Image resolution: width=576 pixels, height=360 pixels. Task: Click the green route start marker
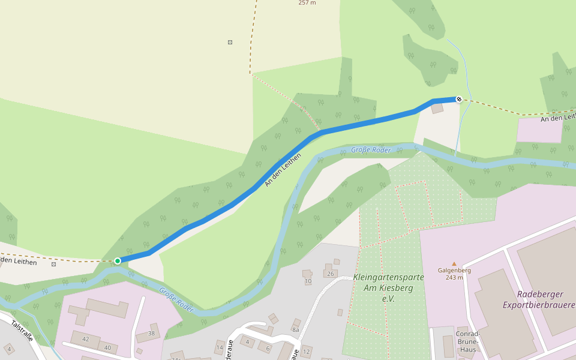[x=118, y=260]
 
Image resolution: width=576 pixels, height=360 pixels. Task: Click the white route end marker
[x=459, y=99]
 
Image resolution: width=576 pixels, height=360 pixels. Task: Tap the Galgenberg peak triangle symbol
[x=454, y=263]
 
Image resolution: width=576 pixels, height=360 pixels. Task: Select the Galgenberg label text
[x=454, y=270]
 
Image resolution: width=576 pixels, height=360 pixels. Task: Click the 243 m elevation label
[x=454, y=277]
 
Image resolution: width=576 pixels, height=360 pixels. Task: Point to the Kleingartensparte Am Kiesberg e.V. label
[x=388, y=287]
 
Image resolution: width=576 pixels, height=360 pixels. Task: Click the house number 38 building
[x=151, y=333]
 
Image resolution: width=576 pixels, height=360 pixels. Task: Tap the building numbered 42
[x=86, y=339]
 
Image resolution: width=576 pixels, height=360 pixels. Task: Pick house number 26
[x=329, y=274]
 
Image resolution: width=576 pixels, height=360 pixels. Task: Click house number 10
[x=308, y=280]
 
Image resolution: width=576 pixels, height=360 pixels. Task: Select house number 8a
[x=295, y=329]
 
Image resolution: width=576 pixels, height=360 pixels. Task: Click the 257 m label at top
[x=307, y=3]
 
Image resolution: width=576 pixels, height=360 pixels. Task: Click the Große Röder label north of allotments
[x=371, y=150]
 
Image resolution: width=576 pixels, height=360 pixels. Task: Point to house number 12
[x=307, y=351]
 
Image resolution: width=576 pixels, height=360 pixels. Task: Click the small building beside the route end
[x=437, y=108]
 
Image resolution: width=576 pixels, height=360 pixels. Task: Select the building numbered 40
[x=107, y=347]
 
